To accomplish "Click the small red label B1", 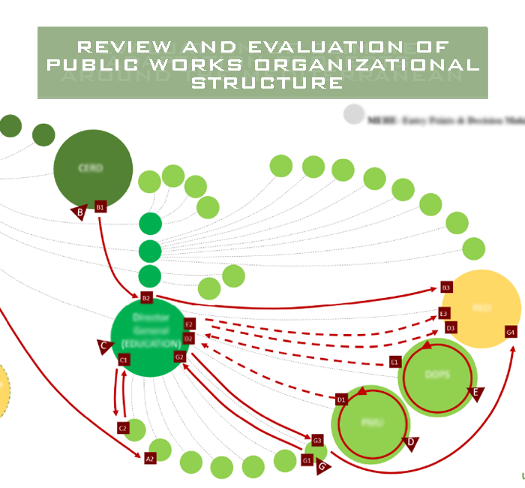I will click(x=100, y=205).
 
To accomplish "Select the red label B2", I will click(x=146, y=298).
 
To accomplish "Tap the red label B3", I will click(x=446, y=288).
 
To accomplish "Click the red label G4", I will click(x=511, y=332).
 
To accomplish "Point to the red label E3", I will click(x=444, y=313).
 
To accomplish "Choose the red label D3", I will click(x=450, y=327).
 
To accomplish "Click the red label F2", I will click(x=189, y=324).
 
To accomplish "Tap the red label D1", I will click(x=341, y=399).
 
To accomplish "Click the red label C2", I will click(x=123, y=427).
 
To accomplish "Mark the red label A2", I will click(x=149, y=457).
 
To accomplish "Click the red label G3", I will click(x=317, y=440).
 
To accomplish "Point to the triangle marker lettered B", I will click(x=79, y=212).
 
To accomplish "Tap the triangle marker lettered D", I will click(x=410, y=443).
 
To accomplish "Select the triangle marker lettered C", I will click(x=104, y=345).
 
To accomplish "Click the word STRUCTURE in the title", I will click(x=266, y=82).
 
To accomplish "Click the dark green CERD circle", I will click(x=93, y=167).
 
